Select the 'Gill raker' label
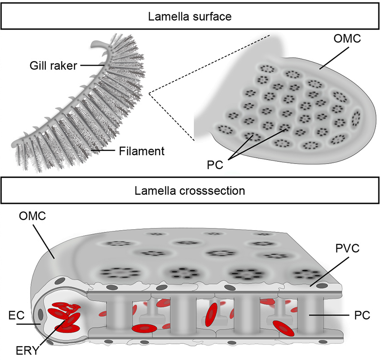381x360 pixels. coord(51,66)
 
